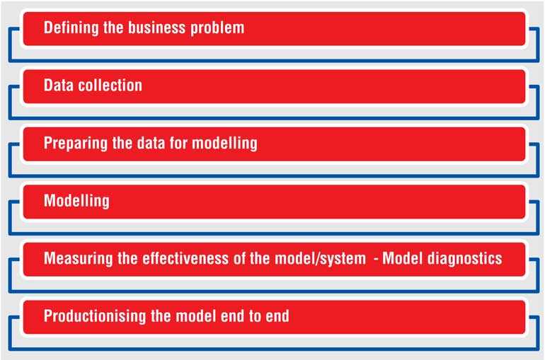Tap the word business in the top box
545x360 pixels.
pyautogui.click(x=156, y=28)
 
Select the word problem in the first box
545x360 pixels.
pyautogui.click(x=217, y=28)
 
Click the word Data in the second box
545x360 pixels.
pyautogui.click(x=58, y=85)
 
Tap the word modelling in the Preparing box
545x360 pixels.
pyautogui.click(x=224, y=143)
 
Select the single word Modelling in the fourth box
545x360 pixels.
pyautogui.click(x=76, y=201)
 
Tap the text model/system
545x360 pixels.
pyautogui.click(x=320, y=259)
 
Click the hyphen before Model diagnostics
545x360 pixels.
pyautogui.click(x=376, y=259)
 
